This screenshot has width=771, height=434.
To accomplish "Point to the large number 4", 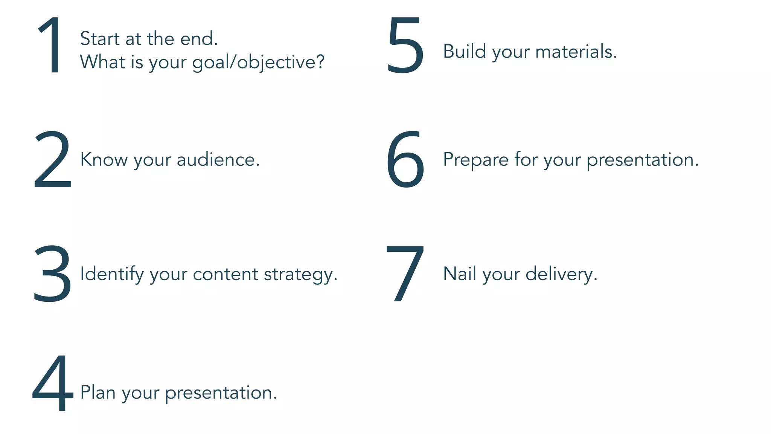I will (53, 383).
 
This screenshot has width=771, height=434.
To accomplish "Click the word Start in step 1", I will (100, 38).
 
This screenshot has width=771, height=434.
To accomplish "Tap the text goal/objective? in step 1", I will (258, 63).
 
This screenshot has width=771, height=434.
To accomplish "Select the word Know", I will (104, 159).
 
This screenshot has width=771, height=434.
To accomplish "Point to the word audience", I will (218, 160).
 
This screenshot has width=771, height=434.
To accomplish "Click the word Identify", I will (112, 274).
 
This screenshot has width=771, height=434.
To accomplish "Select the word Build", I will (465, 51).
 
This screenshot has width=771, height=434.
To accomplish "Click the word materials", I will (576, 52).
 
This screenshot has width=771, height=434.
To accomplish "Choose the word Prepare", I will (476, 160).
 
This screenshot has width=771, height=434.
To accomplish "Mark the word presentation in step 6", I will (643, 160).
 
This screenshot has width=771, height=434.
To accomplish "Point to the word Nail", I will (459, 274).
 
